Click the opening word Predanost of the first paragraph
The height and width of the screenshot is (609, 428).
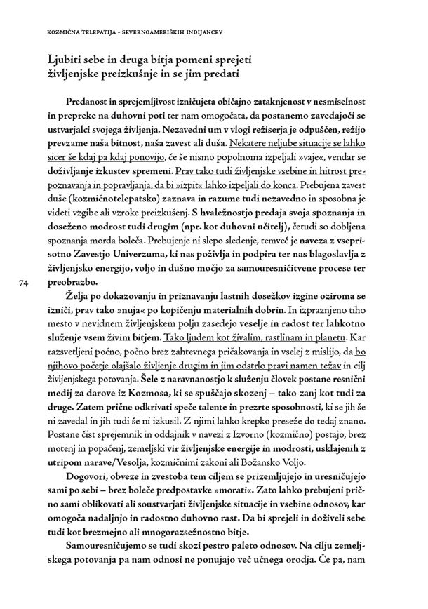click(91, 100)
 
